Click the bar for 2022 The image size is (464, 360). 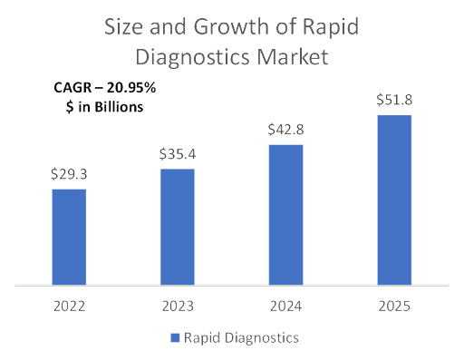click(x=69, y=236)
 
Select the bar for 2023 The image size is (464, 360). click(x=178, y=226)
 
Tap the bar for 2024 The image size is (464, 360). click(x=286, y=214)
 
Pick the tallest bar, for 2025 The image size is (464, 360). click(x=394, y=199)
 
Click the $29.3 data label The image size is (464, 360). click(x=69, y=173)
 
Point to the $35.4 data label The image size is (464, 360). click(x=178, y=153)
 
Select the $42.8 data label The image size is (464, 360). click(x=286, y=129)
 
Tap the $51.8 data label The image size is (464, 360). click(x=394, y=99)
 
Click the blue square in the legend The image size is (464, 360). click(x=175, y=337)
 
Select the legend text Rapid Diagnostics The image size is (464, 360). click(x=241, y=337)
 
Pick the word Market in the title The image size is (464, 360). click(x=291, y=58)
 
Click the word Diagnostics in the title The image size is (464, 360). click(x=189, y=58)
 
